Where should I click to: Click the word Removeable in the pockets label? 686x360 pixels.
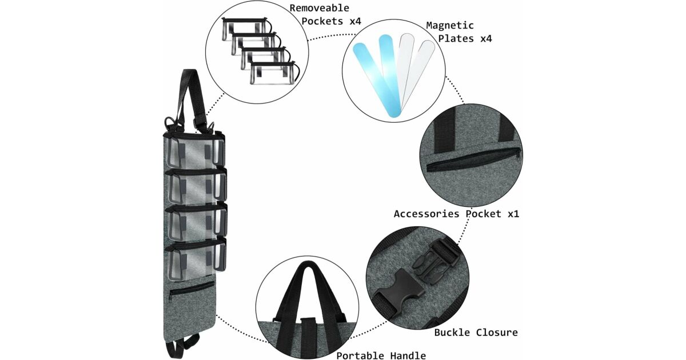coord(318,8)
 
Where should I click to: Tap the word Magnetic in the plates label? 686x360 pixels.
coord(450,26)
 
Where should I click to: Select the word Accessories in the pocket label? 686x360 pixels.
coord(426,214)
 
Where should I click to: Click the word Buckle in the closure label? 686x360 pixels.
coord(451,332)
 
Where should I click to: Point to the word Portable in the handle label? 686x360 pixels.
coord(359,355)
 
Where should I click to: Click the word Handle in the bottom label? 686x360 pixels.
coord(407,355)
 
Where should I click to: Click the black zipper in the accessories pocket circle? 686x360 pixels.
coord(473,160)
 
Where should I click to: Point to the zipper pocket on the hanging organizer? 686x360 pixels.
coord(191,289)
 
